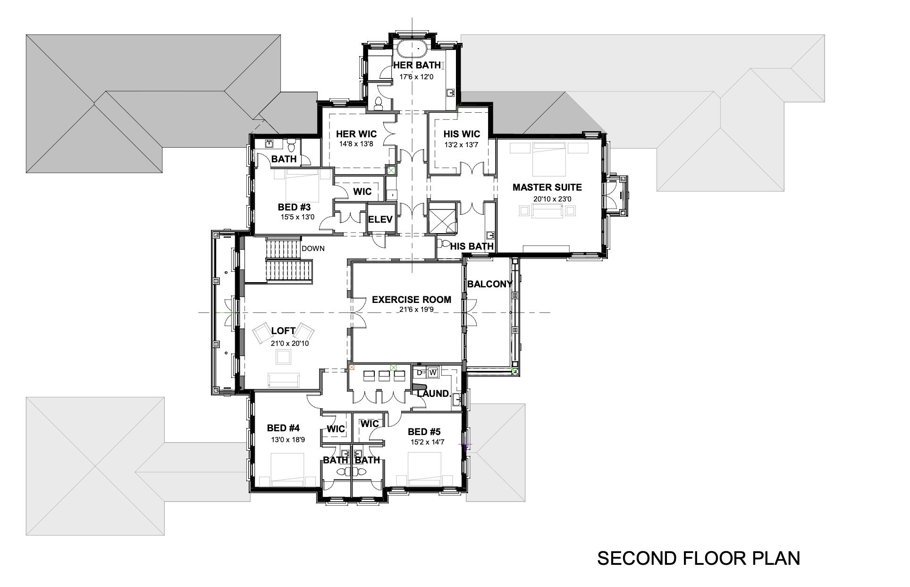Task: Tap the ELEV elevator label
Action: click(380, 219)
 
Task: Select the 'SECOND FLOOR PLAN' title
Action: click(699, 558)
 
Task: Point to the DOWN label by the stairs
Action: click(313, 248)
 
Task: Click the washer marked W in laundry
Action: click(433, 372)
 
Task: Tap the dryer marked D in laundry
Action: click(419, 372)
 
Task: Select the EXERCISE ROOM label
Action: click(411, 300)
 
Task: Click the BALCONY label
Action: click(489, 284)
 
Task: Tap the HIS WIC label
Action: click(461, 134)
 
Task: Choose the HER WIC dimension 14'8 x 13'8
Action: click(356, 144)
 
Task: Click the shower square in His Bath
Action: click(443, 218)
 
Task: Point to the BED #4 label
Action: click(283, 428)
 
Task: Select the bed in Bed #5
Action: click(424, 468)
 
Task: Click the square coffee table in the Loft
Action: click(284, 359)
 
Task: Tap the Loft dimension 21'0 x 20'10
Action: click(289, 344)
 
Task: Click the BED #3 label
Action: click(294, 207)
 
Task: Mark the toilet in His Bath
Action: click(444, 243)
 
